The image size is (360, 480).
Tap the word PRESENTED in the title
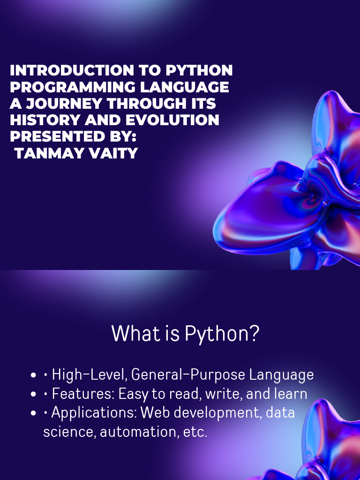pyautogui.click(x=51, y=136)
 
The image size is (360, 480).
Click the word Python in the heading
pyautogui.click(x=222, y=333)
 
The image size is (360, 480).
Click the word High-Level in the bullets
pyautogui.click(x=89, y=375)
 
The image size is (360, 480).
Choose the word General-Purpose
pyautogui.click(x=188, y=375)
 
